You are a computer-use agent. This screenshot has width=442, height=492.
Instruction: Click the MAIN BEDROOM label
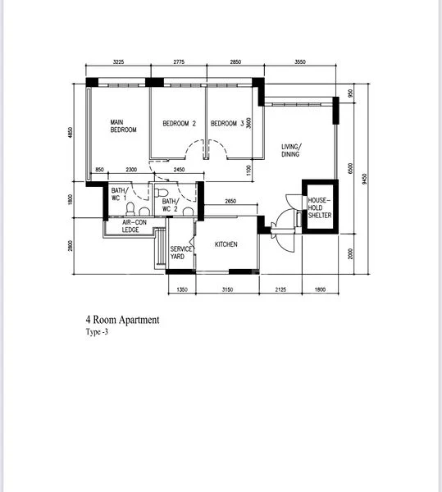(123, 125)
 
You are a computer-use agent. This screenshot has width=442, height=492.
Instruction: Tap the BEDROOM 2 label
(179, 123)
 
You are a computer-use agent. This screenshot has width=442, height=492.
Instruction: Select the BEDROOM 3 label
(227, 123)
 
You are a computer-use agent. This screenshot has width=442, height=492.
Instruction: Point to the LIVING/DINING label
(291, 150)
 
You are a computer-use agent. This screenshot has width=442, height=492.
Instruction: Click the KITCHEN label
(226, 244)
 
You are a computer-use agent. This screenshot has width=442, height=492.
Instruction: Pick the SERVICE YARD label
(181, 253)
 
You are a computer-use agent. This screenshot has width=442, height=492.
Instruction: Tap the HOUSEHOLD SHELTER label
(320, 207)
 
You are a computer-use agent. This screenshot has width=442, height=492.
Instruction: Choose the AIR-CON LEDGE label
(134, 226)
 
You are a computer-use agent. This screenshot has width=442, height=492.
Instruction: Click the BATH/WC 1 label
(120, 194)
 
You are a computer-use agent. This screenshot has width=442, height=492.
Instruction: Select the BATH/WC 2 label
(171, 205)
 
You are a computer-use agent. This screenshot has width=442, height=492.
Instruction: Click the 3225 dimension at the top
(118, 61)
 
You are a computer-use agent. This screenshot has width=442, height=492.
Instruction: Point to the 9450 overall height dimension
(364, 179)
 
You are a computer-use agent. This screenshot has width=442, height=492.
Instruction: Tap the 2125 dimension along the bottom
(280, 289)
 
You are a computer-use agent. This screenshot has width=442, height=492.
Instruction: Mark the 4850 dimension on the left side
(71, 132)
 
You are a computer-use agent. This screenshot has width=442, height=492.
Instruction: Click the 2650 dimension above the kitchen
(230, 201)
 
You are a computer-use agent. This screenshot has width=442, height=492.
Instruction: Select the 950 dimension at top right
(350, 93)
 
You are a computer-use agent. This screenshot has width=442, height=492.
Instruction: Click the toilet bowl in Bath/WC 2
(162, 193)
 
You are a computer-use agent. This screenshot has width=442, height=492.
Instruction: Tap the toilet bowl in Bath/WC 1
(130, 209)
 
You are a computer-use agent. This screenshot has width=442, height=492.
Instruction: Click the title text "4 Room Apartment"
(123, 320)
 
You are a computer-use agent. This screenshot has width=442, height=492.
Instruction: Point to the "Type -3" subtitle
(97, 332)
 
